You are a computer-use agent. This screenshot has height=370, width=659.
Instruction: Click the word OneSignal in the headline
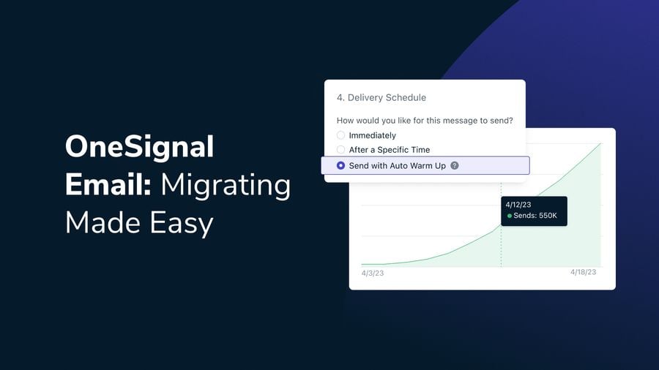(139, 148)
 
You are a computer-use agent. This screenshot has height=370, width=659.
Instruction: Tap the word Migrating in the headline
(226, 185)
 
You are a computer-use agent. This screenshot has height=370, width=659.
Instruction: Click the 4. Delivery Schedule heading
(381, 98)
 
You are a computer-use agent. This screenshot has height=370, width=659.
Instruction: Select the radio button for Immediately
(340, 135)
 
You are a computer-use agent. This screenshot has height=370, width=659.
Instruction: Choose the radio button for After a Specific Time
(340, 150)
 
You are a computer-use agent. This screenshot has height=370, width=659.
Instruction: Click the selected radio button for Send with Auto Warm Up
(340, 166)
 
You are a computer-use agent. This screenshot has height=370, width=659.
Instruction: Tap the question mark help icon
(455, 166)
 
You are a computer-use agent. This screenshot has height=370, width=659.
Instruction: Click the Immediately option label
(372, 135)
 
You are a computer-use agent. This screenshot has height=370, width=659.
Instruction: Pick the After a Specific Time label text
(389, 150)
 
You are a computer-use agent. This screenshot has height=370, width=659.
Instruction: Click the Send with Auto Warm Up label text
(397, 166)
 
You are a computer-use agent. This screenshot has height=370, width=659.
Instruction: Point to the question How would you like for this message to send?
(424, 121)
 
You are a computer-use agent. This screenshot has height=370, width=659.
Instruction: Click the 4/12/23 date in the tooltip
(519, 205)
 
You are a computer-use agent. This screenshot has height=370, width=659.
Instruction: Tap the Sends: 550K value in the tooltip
(537, 216)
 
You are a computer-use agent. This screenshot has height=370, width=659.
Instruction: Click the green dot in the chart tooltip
(510, 216)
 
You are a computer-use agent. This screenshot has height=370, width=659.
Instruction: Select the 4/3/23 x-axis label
(373, 273)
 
